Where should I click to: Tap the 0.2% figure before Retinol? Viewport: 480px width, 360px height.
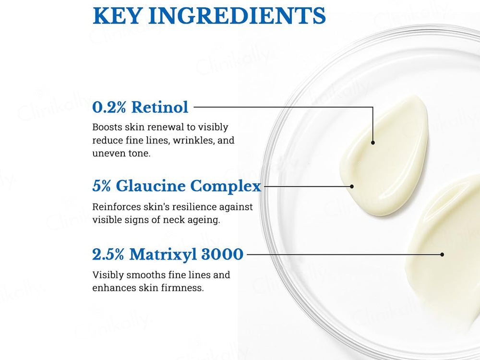109,107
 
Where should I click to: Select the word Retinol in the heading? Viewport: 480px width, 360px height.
160,107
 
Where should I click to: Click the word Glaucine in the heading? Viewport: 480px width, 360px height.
151,186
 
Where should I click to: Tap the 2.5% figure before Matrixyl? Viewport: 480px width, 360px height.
109,254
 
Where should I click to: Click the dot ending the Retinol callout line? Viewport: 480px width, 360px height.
373,143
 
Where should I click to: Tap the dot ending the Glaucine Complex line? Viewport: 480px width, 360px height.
352,186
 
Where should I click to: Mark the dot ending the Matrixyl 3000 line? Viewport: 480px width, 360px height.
442,254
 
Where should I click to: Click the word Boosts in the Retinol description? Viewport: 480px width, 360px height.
107,128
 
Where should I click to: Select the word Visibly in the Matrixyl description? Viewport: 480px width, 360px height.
106,275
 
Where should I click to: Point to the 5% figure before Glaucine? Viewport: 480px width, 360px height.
102,186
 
